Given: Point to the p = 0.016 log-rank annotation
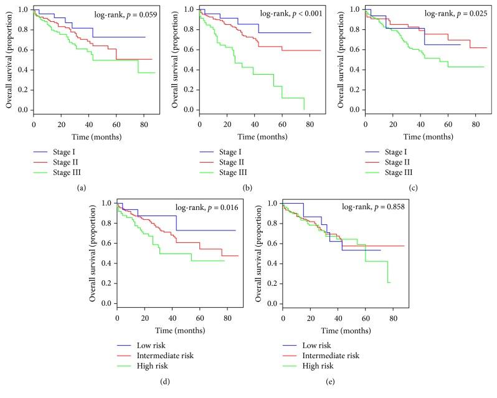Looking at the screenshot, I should tap(211, 206).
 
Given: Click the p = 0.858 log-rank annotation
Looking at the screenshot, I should tap(377, 206).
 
